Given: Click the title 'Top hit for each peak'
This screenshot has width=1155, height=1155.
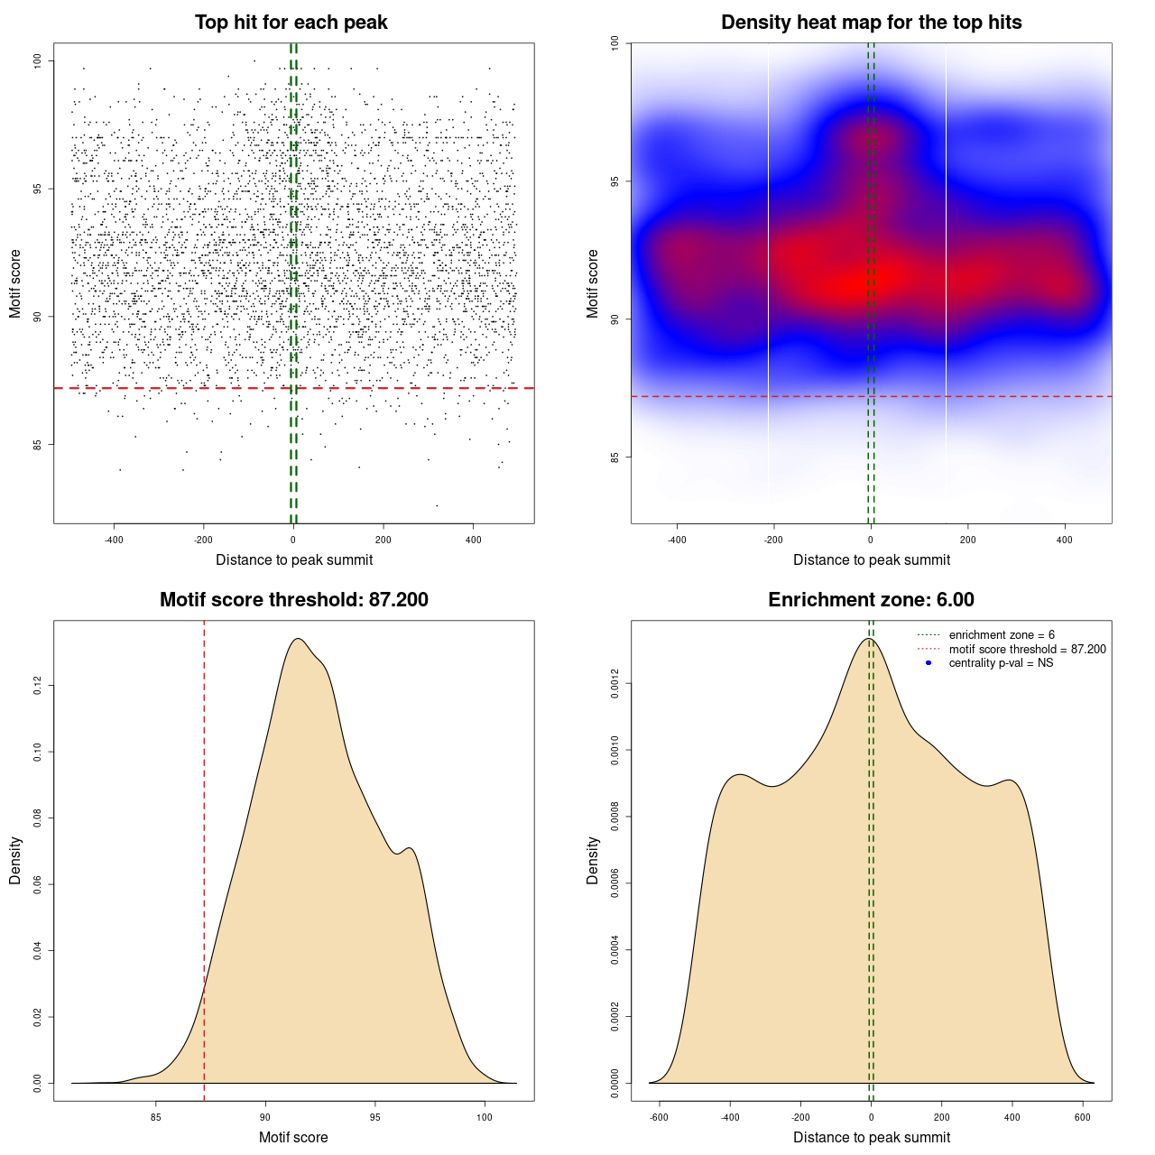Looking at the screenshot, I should (291, 23).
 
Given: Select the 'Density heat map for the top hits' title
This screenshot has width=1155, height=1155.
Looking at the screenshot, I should (871, 23).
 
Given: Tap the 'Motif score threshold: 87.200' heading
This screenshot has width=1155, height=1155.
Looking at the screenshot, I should (293, 600).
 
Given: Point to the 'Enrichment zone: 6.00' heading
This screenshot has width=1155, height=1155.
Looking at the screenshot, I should (871, 600).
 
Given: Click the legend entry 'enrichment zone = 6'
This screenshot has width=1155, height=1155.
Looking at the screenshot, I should (1002, 635).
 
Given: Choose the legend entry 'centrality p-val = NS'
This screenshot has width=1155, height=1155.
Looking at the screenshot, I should (1001, 663).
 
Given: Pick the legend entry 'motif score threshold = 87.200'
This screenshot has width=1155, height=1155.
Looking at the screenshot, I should (1027, 650).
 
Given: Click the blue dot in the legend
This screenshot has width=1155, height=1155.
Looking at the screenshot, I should (929, 663).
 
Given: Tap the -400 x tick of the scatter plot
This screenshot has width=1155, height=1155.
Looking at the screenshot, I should (114, 540).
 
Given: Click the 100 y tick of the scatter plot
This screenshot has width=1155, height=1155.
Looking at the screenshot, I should (38, 60).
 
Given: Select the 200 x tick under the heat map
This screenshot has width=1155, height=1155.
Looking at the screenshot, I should (967, 540).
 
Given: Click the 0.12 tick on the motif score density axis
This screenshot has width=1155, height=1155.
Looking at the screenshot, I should (38, 686).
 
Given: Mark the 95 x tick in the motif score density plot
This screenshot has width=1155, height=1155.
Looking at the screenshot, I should (375, 1117).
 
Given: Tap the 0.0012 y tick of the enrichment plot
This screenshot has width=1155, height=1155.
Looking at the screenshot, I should (615, 684).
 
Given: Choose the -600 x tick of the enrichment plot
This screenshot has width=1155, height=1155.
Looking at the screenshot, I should (659, 1117).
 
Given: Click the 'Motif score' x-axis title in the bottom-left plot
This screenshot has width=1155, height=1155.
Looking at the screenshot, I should (293, 1137).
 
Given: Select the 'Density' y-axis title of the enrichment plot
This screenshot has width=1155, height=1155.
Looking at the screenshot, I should (593, 860).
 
